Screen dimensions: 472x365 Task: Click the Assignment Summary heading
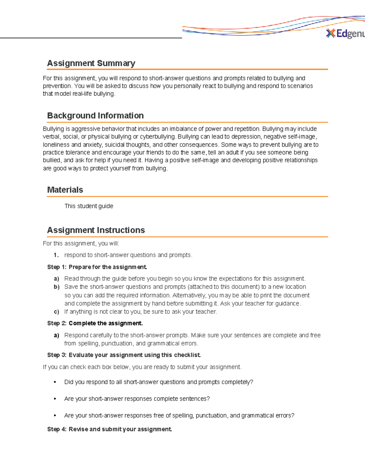[91, 63]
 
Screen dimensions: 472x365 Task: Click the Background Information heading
[95, 115]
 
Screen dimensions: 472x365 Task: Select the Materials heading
[65, 190]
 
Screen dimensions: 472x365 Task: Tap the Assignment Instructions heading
[96, 230]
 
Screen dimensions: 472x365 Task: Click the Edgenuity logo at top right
[345, 34]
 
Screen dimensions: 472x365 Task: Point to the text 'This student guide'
[89, 206]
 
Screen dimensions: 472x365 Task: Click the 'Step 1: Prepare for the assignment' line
[97, 267]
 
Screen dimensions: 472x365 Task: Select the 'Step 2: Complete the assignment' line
[95, 323]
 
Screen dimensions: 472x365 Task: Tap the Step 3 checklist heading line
[124, 355]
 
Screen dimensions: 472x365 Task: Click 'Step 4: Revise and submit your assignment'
[109, 429]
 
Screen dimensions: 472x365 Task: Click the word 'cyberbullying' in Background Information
[158, 137]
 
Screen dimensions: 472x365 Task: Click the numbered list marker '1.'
[56, 255]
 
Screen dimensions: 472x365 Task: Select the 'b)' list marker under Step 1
[56, 287]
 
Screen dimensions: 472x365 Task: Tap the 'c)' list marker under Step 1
[56, 312]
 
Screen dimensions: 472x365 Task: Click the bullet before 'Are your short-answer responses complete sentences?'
[55, 399]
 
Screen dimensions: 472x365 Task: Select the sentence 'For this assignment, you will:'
[81, 243]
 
